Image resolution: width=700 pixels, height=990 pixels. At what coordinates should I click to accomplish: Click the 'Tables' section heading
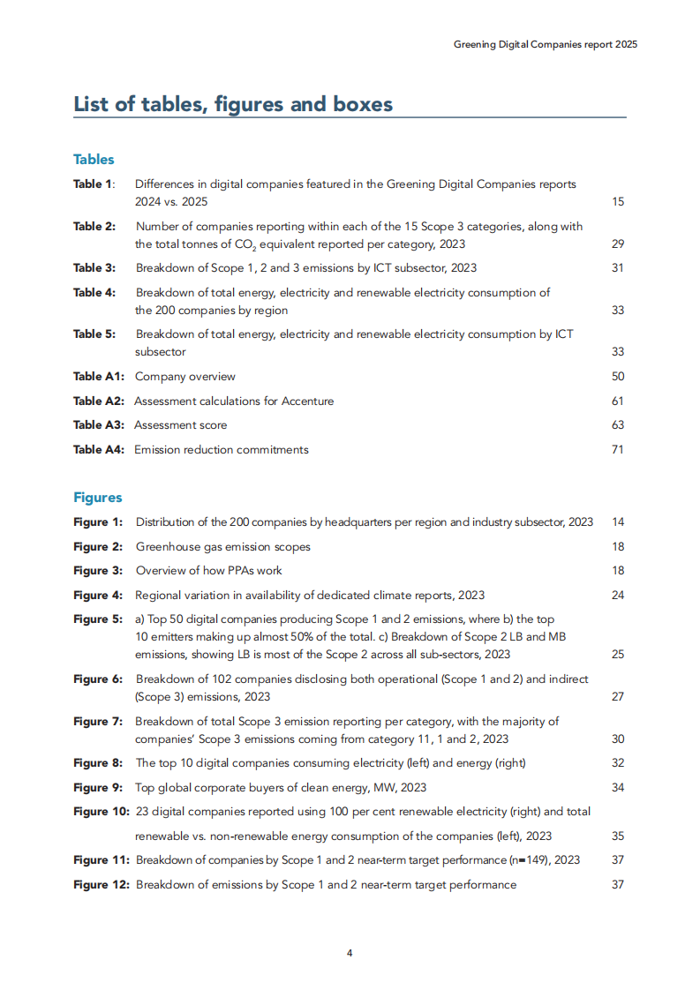coord(94,160)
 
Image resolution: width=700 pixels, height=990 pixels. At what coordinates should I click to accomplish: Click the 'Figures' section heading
coord(97,498)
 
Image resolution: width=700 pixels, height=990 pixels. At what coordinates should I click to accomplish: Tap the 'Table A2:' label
coord(99,401)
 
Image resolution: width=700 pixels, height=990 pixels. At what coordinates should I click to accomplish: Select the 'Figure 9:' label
coord(97,787)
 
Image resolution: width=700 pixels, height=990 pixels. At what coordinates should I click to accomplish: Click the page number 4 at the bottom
coord(350,953)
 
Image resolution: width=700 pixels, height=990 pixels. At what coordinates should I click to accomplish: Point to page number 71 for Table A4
coord(617,449)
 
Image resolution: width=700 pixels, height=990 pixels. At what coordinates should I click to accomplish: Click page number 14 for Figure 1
coord(617,522)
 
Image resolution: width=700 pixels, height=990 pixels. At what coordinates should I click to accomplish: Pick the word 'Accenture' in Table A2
coord(306,401)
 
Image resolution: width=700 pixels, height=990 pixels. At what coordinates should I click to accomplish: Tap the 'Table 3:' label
coord(94,267)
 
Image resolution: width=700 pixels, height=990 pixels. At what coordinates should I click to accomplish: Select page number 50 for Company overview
coord(617,376)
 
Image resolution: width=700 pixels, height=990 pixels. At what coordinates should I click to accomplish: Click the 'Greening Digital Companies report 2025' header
coord(545,43)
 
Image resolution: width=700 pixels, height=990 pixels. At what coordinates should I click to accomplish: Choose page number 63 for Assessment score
coord(617,424)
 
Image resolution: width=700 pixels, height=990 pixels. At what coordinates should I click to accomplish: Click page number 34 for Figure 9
coord(617,787)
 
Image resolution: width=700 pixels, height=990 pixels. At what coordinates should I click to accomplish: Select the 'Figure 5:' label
coord(97,619)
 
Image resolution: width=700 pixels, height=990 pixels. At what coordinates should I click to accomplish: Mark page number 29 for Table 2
coord(617,244)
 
